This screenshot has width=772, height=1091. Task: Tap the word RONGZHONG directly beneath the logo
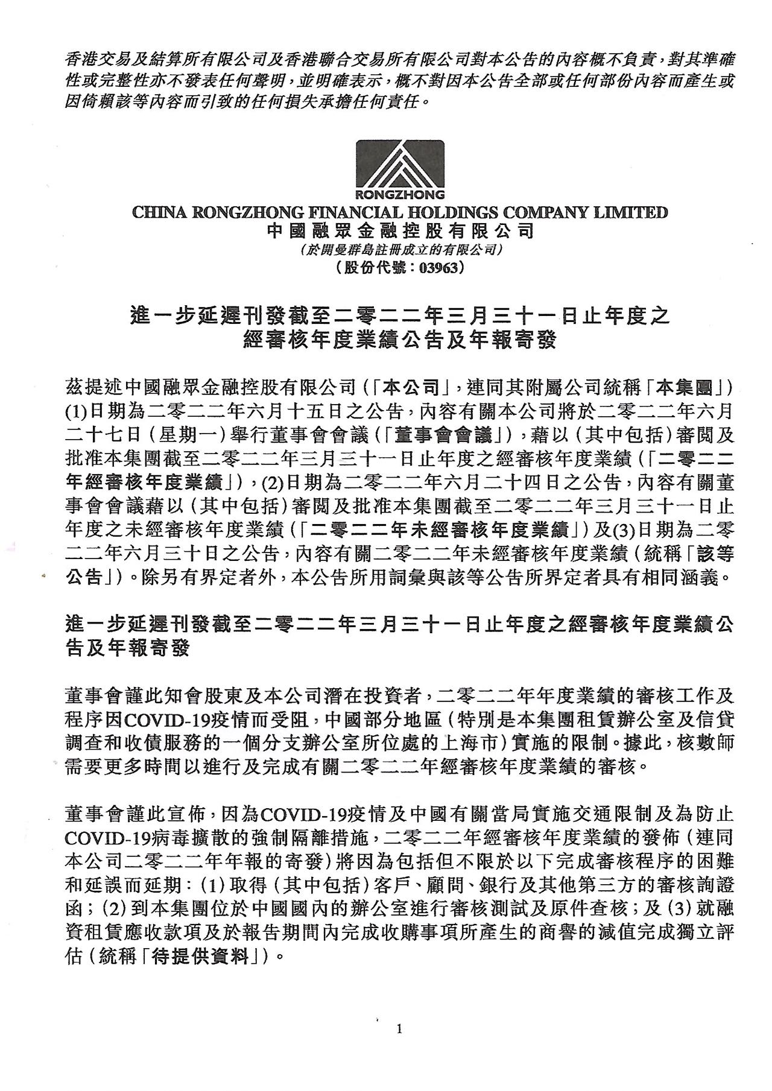coord(400,195)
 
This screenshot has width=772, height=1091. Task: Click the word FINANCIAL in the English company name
coord(357,212)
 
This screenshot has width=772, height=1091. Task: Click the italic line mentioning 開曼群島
coord(400,249)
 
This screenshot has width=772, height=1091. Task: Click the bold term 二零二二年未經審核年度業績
coord(438,530)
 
